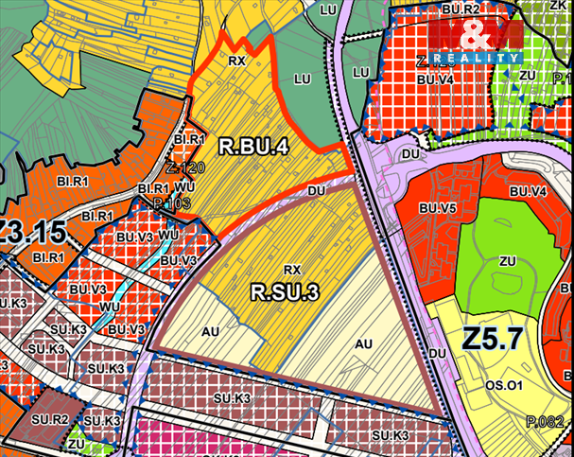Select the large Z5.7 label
click(494, 338)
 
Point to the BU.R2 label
click(461, 9)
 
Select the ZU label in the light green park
click(507, 259)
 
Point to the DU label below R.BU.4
click(317, 189)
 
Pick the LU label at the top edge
click(328, 9)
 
